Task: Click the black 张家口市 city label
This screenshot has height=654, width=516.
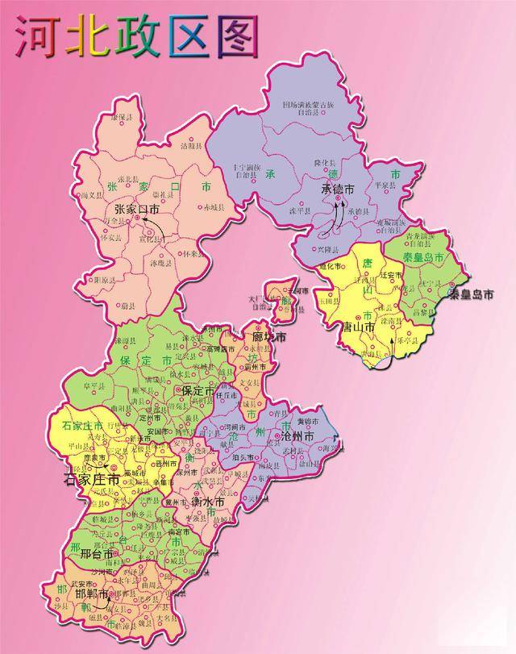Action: tap(136, 209)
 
